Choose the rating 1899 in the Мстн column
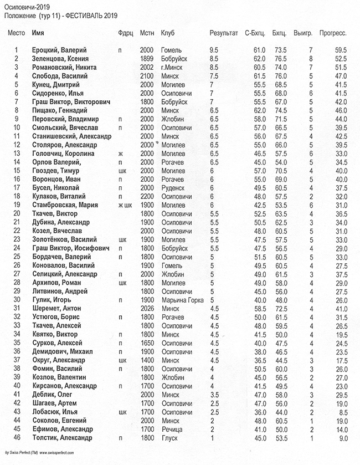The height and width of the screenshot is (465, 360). [x=146, y=59]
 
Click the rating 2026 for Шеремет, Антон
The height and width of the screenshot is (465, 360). [x=146, y=308]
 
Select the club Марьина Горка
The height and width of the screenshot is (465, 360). [x=179, y=300]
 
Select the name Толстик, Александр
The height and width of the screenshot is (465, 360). [x=62, y=438]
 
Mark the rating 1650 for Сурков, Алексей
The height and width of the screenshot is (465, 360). [x=146, y=343]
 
